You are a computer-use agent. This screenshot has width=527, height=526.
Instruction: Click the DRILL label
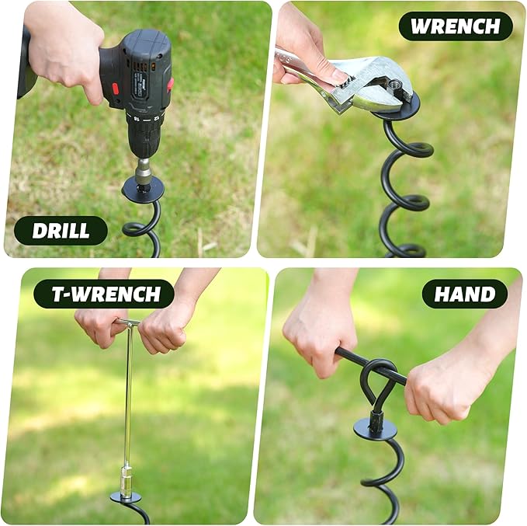(x=61, y=231)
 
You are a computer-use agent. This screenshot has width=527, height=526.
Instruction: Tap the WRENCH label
(x=456, y=26)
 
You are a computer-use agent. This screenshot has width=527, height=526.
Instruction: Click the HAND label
(x=464, y=294)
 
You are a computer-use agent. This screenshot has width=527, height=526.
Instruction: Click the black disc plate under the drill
(x=144, y=189)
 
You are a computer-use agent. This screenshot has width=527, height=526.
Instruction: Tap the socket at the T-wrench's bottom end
(x=125, y=478)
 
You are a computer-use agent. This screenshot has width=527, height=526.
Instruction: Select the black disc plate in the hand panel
(x=375, y=428)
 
